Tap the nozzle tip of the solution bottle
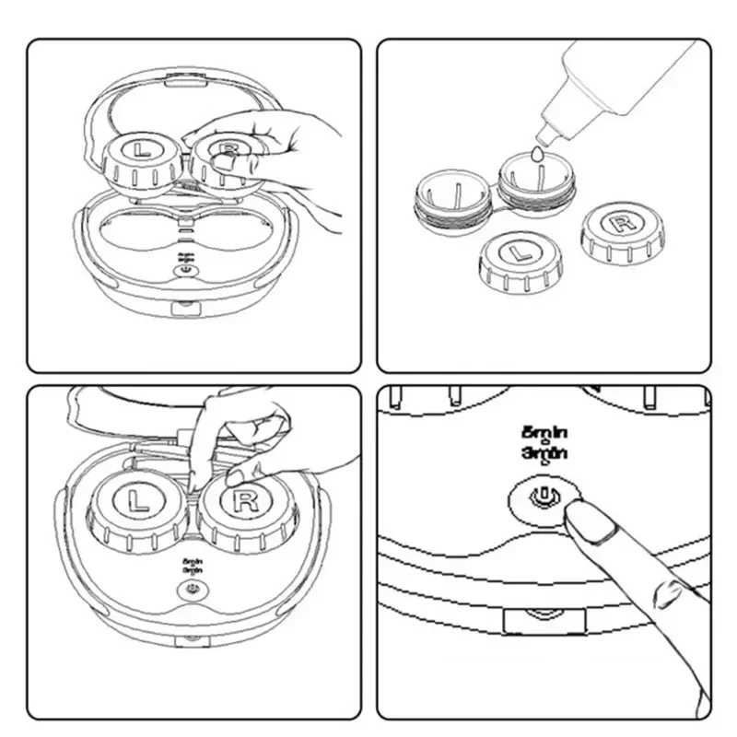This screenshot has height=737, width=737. pyautogui.click(x=546, y=135)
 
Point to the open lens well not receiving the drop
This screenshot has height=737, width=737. pyautogui.click(x=453, y=193)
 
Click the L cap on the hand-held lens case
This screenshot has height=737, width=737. pyautogui.click(x=141, y=158)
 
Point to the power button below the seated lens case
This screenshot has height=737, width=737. pyautogui.click(x=192, y=588)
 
